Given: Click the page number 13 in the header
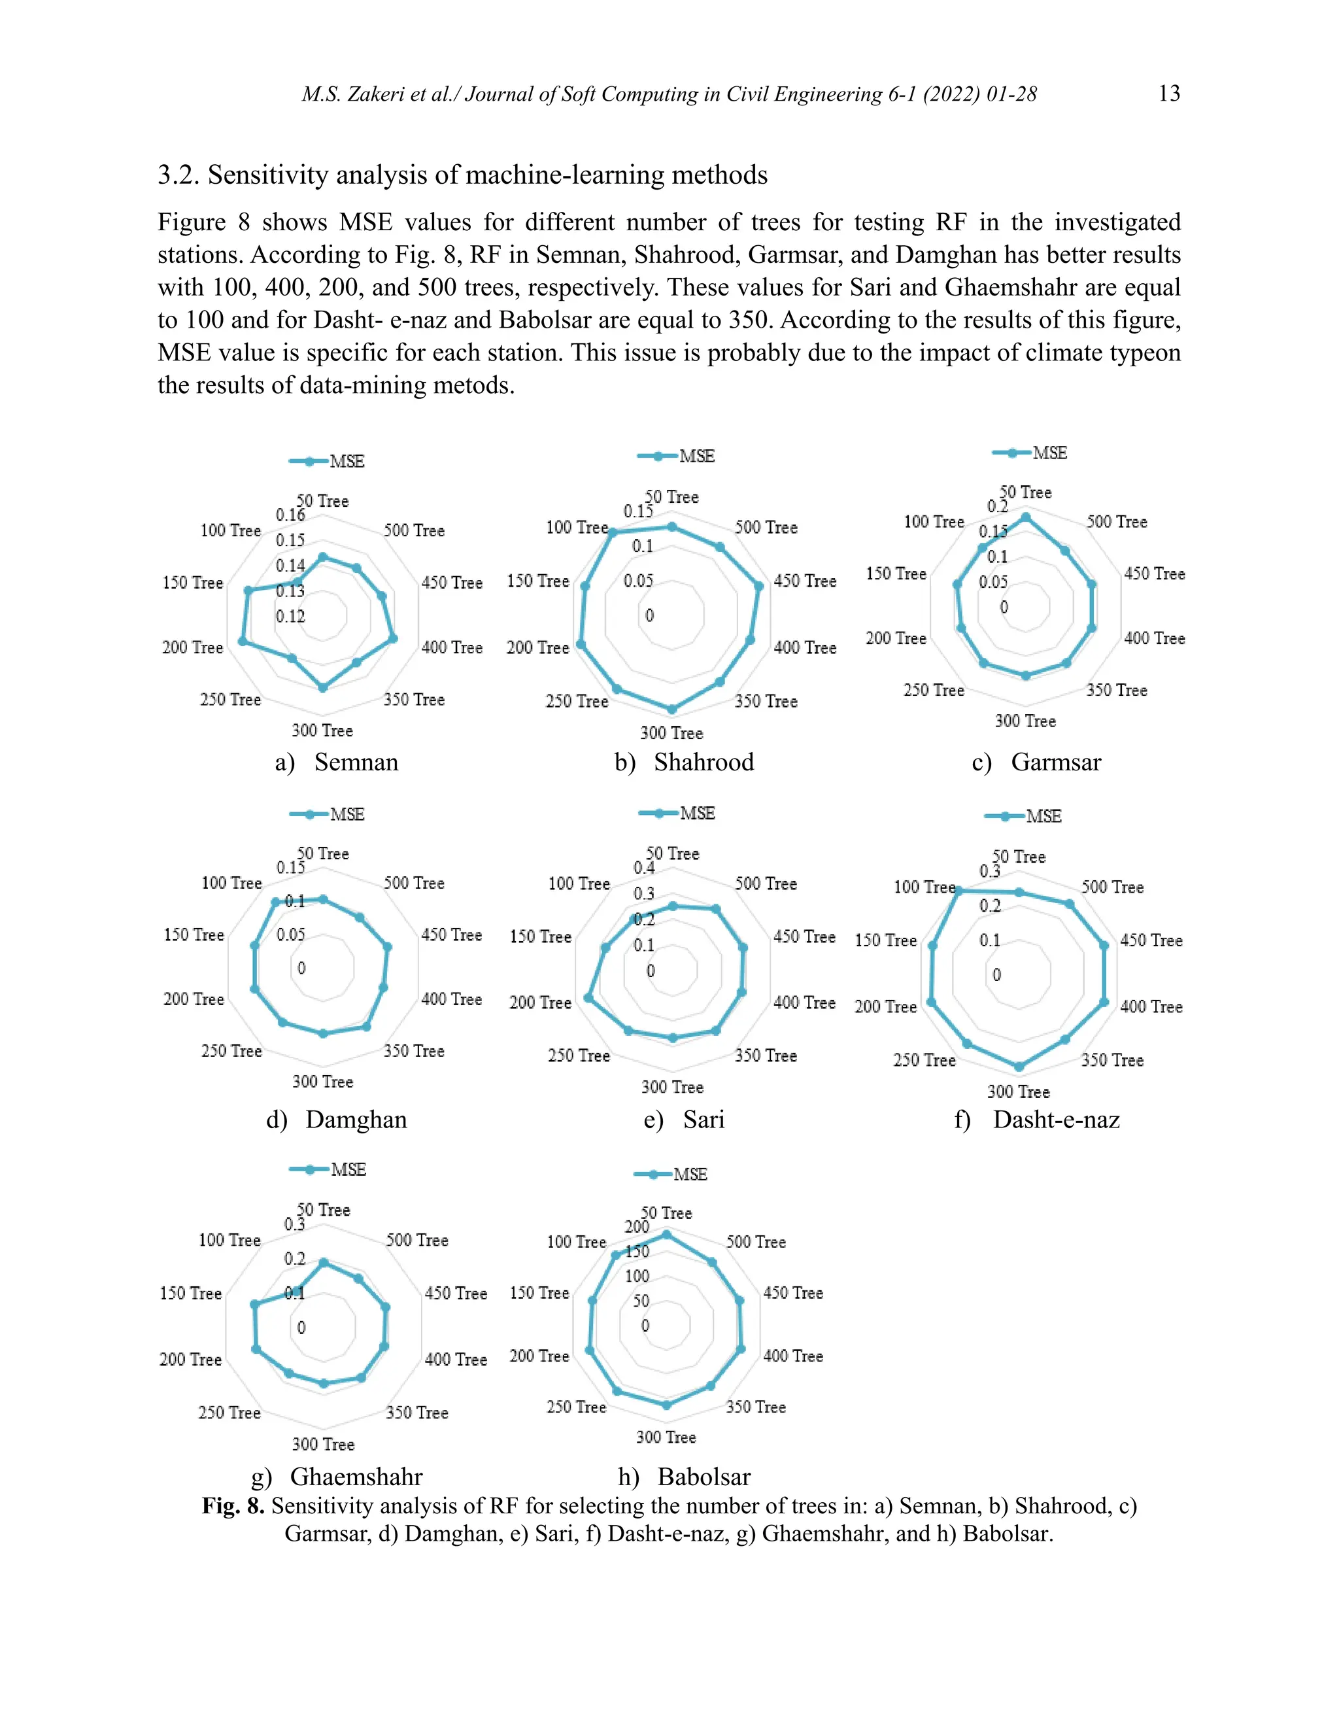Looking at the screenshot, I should pos(1168,94).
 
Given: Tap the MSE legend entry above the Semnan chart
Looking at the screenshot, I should pos(327,461).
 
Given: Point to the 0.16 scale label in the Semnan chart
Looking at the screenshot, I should pos(290,515).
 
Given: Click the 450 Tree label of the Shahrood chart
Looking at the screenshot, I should pos(804,581).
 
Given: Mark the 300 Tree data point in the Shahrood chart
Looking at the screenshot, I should pos(672,710).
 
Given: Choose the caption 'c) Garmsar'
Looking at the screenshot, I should pos(1036,762).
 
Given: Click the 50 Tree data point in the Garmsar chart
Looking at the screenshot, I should pos(1026,517).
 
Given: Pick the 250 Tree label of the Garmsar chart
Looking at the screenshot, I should pos(934,691).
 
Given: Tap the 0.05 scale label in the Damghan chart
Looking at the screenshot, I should pos(290,934).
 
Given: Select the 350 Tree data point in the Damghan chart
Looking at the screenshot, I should pos(365,1027).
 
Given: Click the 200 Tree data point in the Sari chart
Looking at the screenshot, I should pos(588,997).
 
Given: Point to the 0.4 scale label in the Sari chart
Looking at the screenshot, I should pos(643,868).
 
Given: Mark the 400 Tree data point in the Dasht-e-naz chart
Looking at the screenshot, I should pos(1104,1002).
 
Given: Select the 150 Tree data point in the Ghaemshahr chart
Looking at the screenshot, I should pos(254,1305).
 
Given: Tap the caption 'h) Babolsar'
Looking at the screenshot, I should pos(684,1476).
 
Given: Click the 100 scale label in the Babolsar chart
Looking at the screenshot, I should pos(637,1276).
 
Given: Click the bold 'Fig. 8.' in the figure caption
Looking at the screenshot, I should pos(233,1505).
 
